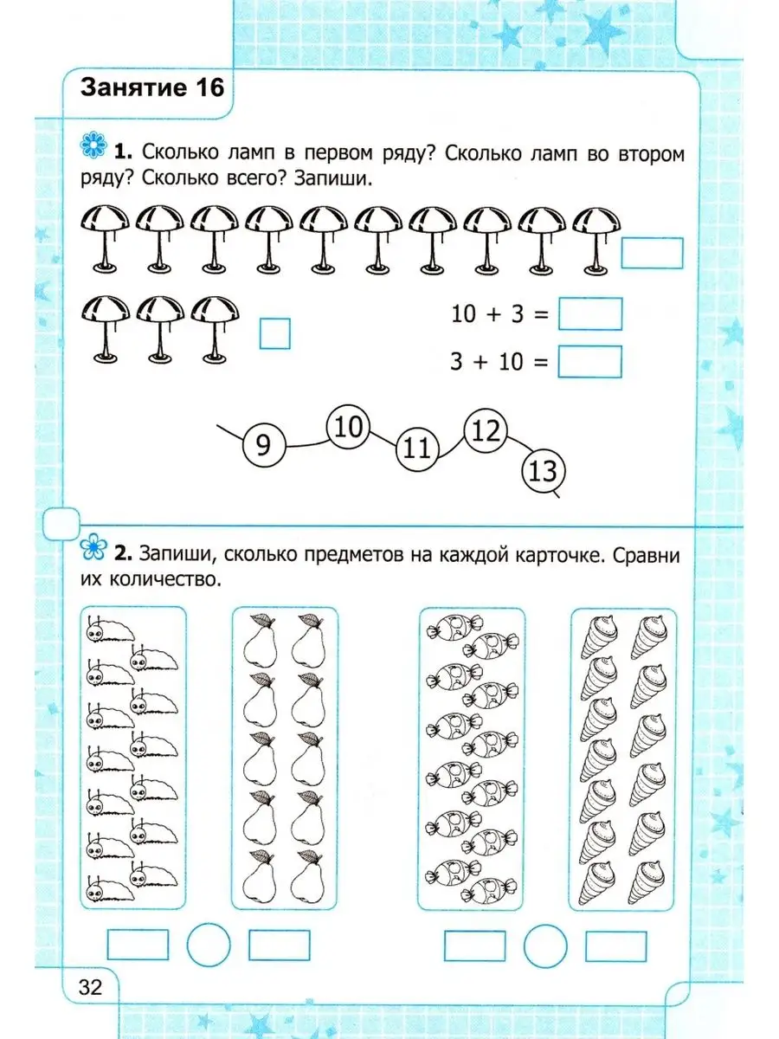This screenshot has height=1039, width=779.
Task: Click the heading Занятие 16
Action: tap(151, 87)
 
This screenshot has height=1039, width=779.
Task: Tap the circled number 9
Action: tap(264, 445)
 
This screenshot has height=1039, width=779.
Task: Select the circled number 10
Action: tap(347, 427)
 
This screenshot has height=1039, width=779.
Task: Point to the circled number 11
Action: tap(417, 449)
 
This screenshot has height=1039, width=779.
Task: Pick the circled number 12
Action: tap(486, 430)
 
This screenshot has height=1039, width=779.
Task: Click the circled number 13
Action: tap(543, 472)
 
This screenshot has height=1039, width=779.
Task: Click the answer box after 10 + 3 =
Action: tap(590, 314)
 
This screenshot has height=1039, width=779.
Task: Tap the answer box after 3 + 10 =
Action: tap(590, 361)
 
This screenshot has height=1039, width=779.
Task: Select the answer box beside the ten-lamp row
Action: tap(653, 253)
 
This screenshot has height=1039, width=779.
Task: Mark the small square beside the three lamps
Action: tap(275, 333)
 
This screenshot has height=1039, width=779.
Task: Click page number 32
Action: tap(90, 986)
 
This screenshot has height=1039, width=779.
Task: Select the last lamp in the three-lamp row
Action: tap(214, 329)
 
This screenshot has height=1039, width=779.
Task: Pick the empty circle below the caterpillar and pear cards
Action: tap(209, 942)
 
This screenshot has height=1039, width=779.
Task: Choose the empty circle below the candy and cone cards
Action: tap(545, 942)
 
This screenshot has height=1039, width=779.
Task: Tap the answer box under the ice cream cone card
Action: tap(615, 944)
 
